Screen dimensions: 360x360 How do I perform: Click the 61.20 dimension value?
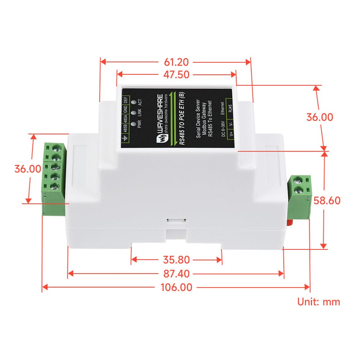click(176, 62)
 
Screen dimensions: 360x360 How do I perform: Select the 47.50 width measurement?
click(176, 75)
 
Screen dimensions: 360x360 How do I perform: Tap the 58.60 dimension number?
click(327, 201)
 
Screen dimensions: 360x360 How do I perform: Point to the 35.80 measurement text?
click(176, 260)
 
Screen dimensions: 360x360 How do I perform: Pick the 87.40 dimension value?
click(176, 274)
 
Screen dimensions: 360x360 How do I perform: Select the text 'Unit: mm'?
click(318, 302)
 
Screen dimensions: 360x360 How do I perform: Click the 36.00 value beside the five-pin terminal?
click(27, 169)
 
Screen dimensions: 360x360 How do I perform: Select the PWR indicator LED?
click(134, 124)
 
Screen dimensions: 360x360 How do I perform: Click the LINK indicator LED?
click(134, 113)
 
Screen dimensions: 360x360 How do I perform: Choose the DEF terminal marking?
click(125, 101)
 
